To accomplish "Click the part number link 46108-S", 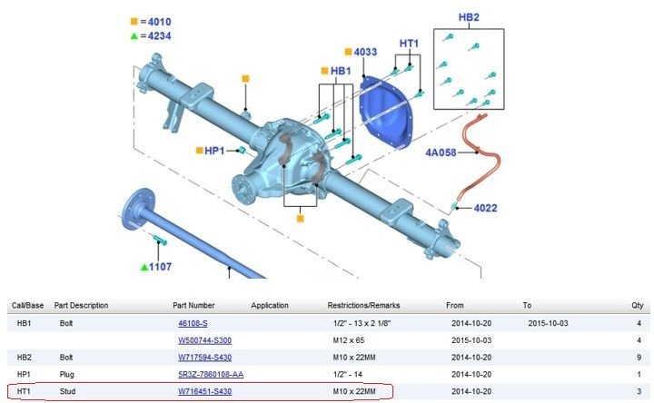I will [192, 322].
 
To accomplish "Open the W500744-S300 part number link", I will [206, 340].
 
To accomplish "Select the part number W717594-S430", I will [204, 358].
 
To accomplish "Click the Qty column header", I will [636, 305].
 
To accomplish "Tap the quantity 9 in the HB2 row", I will [639, 358].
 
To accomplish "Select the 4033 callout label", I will [365, 53].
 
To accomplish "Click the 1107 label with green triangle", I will [161, 267].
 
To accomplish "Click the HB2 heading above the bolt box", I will [469, 17].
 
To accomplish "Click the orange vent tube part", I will [474, 159].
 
